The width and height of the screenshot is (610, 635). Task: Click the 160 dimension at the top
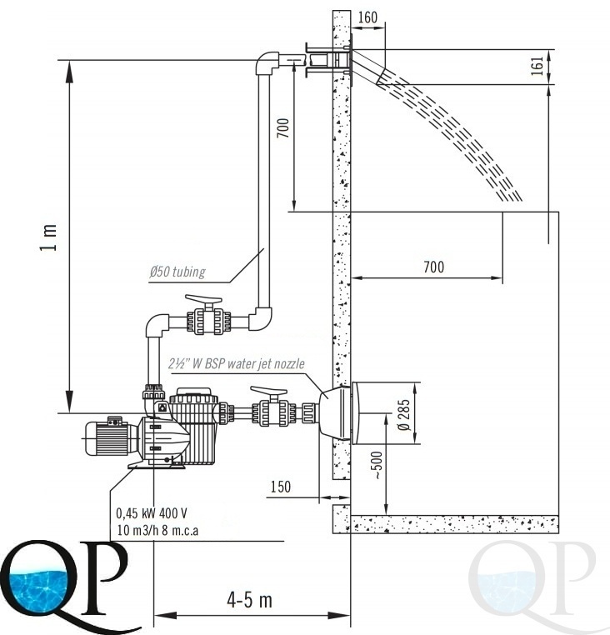pos(367,17)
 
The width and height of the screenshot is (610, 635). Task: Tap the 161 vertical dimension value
pos(537,66)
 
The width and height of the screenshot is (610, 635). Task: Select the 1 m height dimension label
pos(48,237)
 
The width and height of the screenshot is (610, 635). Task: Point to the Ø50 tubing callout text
pos(177,272)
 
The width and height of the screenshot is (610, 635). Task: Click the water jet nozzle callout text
pos(237,363)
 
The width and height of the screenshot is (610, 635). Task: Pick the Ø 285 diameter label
pos(404,415)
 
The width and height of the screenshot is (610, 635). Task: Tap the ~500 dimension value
pos(377,465)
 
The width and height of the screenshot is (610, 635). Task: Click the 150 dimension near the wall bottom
pos(281,487)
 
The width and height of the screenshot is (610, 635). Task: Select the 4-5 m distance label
pos(249,600)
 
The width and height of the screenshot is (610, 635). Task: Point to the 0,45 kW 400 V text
pos(152,513)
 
